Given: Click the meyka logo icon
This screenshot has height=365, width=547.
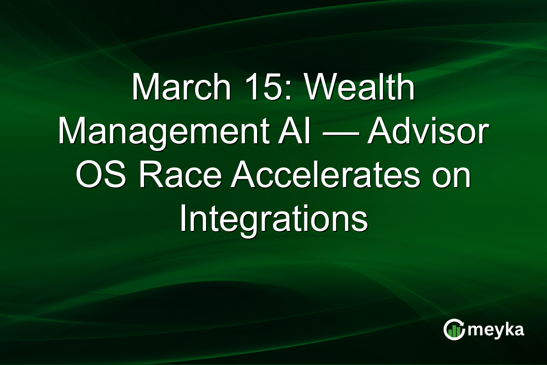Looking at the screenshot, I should point(454,329).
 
